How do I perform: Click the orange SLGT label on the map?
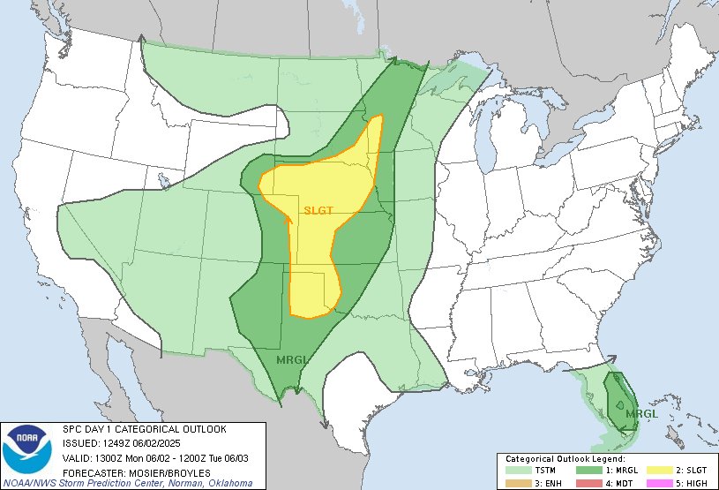click(318, 210)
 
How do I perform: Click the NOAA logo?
click(29, 450)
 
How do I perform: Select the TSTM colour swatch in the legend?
click(518, 470)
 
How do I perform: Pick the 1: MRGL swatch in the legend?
click(588, 470)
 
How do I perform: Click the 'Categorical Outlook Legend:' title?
click(565, 459)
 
